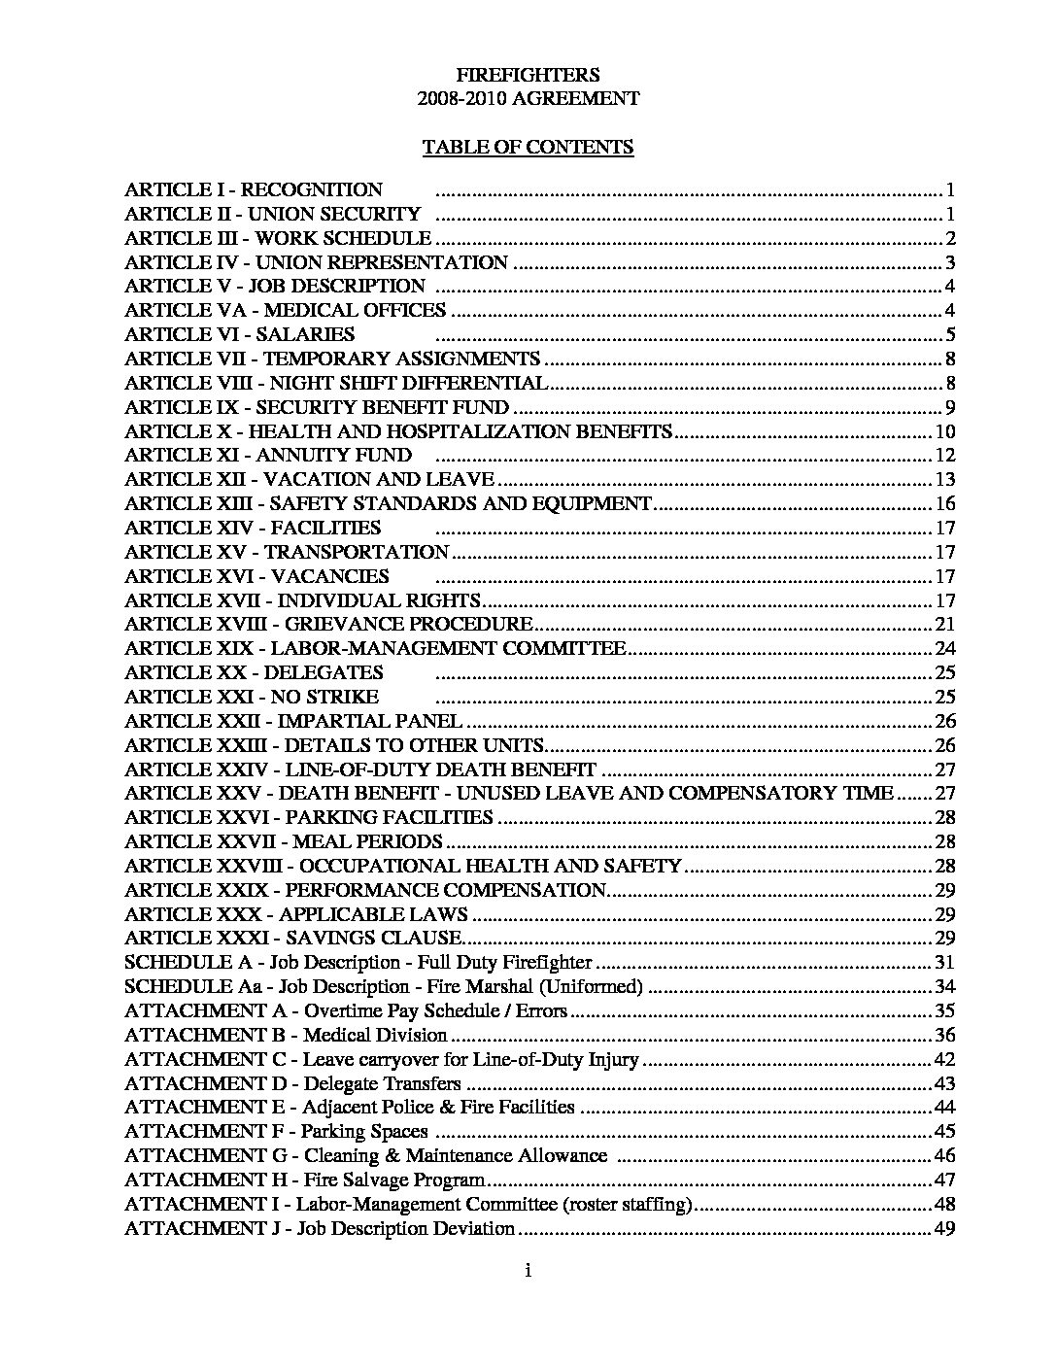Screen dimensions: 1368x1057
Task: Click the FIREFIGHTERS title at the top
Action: tap(528, 75)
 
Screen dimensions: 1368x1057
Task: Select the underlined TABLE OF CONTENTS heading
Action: tap(528, 147)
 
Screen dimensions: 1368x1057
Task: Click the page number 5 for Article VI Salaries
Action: tap(951, 335)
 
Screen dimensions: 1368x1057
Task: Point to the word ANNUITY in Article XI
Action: tap(294, 456)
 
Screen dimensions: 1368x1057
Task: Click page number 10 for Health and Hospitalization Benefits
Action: tap(945, 432)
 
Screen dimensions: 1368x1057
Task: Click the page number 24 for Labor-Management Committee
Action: tap(945, 649)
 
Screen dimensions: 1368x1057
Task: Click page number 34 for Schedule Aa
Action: tap(945, 987)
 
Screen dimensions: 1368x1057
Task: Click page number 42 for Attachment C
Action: tap(945, 1060)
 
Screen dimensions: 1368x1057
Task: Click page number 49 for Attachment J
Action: tap(945, 1229)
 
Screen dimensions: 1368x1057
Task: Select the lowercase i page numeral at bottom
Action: tap(528, 1271)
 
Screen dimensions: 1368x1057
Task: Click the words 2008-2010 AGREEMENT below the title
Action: tap(528, 99)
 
